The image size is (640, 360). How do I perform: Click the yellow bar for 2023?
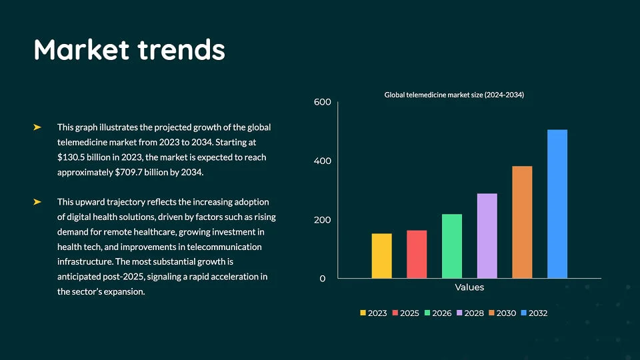381,255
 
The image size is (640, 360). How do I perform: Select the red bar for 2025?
417,254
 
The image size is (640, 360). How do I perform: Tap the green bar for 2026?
452,246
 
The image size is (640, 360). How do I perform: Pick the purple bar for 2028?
487,235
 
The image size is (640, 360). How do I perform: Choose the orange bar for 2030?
522,222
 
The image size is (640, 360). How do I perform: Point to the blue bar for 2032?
557,203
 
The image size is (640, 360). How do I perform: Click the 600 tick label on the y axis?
322,102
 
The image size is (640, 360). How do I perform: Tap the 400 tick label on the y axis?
322,161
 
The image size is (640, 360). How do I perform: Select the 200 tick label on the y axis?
322,220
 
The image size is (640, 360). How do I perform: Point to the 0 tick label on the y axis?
323,279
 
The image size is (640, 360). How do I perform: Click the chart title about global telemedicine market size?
454,95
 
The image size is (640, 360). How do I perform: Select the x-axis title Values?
469,287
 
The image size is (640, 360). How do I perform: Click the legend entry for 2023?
374,313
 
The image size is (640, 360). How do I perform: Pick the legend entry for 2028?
470,313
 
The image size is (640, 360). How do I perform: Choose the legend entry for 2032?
534,313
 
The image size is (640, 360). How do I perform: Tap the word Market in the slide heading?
81,50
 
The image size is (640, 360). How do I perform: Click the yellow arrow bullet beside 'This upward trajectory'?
37,201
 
